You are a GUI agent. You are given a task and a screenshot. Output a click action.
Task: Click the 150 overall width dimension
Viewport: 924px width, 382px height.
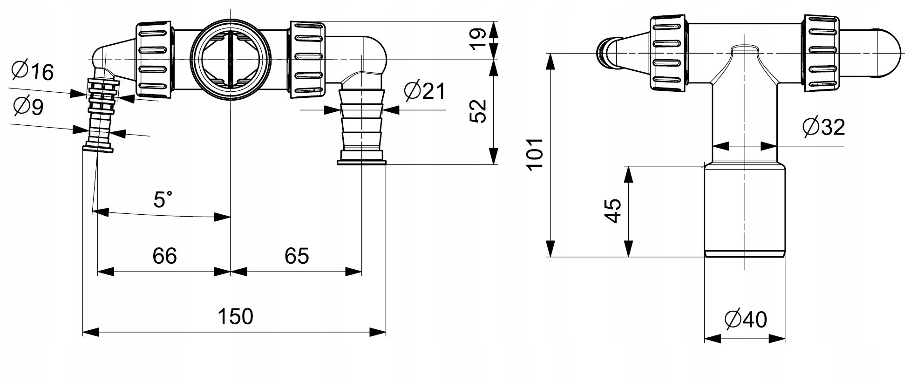[235, 317]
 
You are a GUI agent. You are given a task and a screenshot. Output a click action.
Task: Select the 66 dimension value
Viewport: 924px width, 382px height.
[164, 256]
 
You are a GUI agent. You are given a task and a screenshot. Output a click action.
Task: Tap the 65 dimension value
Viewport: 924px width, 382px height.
[297, 256]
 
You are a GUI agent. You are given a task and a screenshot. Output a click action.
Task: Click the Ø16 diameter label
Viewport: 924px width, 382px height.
[33, 71]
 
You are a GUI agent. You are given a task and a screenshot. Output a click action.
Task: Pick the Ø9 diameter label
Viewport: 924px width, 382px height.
[28, 107]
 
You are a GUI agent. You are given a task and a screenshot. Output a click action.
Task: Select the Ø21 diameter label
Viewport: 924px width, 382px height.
[425, 91]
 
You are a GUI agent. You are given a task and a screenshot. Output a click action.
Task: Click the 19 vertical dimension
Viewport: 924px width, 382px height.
[478, 39]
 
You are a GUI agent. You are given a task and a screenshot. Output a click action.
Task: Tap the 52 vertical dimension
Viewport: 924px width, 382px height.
[478, 111]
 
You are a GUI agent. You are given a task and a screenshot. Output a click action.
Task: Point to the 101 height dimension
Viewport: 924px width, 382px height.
[536, 154]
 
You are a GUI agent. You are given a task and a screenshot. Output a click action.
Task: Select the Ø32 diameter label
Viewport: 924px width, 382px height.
[823, 127]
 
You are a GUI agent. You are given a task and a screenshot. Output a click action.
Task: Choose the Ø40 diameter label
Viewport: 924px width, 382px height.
[745, 320]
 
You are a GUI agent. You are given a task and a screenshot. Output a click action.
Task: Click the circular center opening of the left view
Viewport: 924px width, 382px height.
[231, 60]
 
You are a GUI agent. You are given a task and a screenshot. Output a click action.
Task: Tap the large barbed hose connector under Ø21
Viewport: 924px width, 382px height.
[361, 126]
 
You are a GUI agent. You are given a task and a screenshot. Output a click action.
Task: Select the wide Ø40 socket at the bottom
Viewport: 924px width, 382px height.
[744, 210]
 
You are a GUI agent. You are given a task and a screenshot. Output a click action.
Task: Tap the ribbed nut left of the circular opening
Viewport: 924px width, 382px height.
[153, 60]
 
